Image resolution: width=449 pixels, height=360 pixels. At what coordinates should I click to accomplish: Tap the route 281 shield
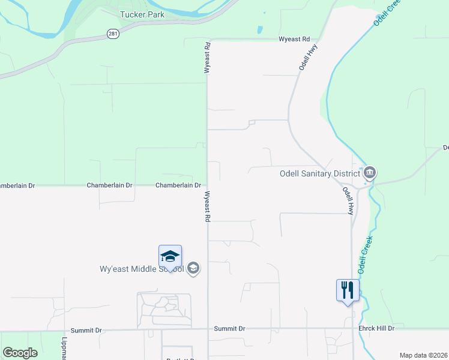(112, 34)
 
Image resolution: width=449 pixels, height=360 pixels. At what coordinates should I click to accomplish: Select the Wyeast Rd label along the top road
(294, 39)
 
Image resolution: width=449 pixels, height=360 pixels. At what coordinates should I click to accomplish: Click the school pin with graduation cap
(170, 257)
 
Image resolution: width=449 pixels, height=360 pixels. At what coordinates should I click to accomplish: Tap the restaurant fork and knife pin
(348, 290)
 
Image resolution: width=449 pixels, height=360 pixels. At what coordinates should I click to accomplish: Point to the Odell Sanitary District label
(319, 174)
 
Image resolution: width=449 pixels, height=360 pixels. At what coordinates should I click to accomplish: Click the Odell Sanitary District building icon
(370, 173)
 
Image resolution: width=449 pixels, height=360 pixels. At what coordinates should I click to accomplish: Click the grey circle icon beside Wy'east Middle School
(193, 268)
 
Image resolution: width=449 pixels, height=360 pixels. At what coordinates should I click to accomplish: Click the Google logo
(20, 353)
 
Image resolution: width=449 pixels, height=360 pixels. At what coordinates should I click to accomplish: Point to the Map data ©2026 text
(423, 355)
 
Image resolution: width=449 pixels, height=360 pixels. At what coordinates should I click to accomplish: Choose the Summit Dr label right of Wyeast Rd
(230, 329)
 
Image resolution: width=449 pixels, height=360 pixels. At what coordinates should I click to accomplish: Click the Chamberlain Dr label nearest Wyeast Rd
(178, 185)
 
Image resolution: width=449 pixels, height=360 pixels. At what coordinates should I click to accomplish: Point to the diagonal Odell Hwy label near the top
(308, 58)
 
